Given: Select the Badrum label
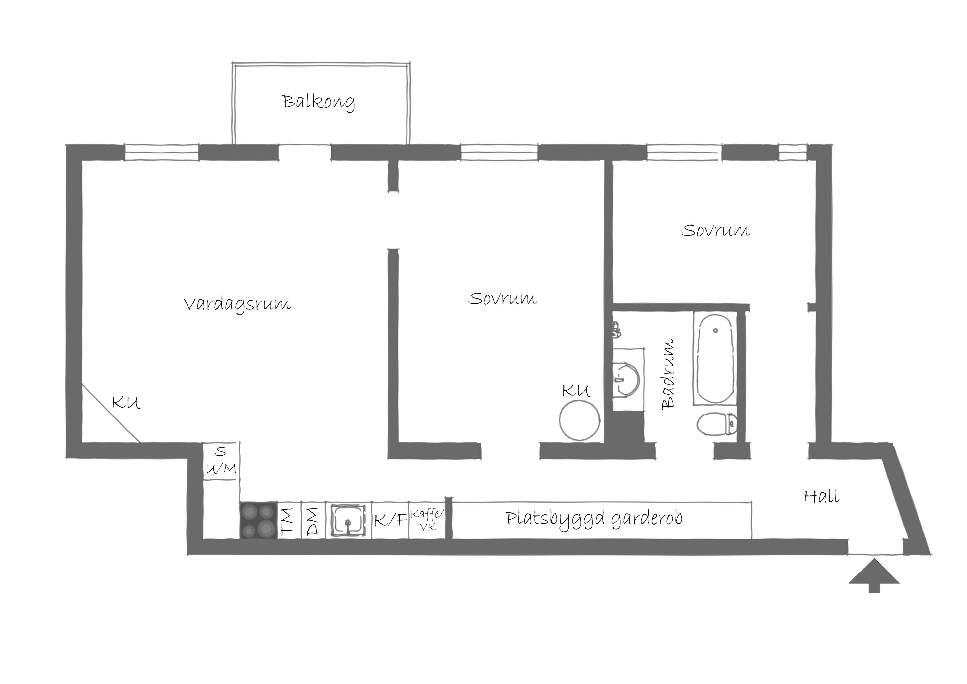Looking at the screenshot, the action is click(668, 374).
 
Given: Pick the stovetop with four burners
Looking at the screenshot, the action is click(259, 520).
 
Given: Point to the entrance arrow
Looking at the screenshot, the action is click(874, 575).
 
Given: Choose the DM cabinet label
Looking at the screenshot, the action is click(313, 521).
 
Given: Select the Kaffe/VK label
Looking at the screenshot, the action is click(427, 519).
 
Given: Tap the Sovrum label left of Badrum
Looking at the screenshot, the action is click(503, 299).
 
